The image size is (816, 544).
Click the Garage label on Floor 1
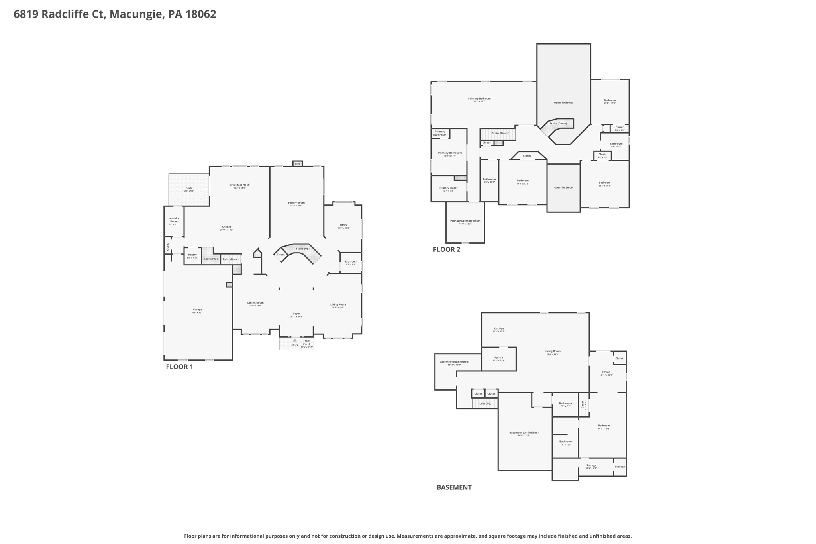pyautogui.click(x=197, y=310)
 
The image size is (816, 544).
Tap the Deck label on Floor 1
pyautogui.click(x=188, y=188)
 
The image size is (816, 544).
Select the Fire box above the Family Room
pyautogui.click(x=297, y=163)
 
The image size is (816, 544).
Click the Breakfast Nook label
pyautogui.click(x=239, y=185)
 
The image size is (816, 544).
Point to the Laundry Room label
pyautogui.click(x=174, y=220)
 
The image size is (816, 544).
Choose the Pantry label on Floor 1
pyautogui.click(x=192, y=255)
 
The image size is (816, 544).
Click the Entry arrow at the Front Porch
pyautogui.click(x=295, y=340)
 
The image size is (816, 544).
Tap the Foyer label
pyautogui.click(x=296, y=314)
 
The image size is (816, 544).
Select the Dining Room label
pyautogui.click(x=255, y=303)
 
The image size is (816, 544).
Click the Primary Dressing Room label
pyautogui.click(x=465, y=221)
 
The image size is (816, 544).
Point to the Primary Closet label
pyautogui.click(x=448, y=188)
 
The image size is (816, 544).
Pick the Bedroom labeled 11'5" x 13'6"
pyautogui.click(x=610, y=100)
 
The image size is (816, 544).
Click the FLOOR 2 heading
pyautogui.click(x=446, y=249)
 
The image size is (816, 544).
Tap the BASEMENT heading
pyautogui.click(x=454, y=487)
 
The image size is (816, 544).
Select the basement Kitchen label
pyautogui.click(x=498, y=328)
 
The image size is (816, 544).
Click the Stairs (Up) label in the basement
pyautogui.click(x=484, y=403)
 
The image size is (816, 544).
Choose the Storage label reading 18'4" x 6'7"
pyautogui.click(x=591, y=465)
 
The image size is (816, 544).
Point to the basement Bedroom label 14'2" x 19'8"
pyautogui.click(x=604, y=426)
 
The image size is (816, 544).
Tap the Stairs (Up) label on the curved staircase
pyautogui.click(x=303, y=249)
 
